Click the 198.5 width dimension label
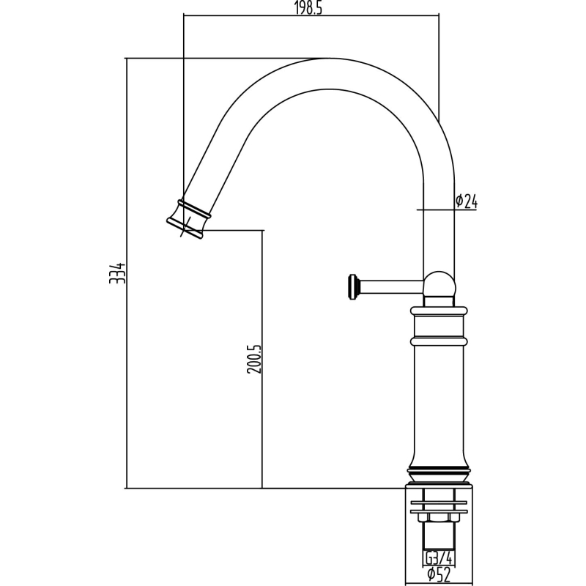[308, 8]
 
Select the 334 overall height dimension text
[117, 273]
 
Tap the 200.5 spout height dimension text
[254, 359]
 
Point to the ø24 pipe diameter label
[467, 201]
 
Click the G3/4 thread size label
[439, 558]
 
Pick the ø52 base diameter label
[439, 574]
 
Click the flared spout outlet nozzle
[188, 220]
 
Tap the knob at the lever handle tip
[353, 287]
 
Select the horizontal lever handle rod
[390, 287]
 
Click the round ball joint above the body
[439, 285]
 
